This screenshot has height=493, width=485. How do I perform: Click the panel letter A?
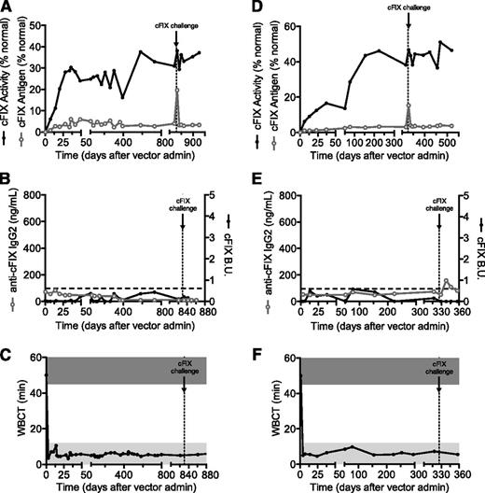coord(7,7)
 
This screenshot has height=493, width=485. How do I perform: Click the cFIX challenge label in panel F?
coord(438,368)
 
